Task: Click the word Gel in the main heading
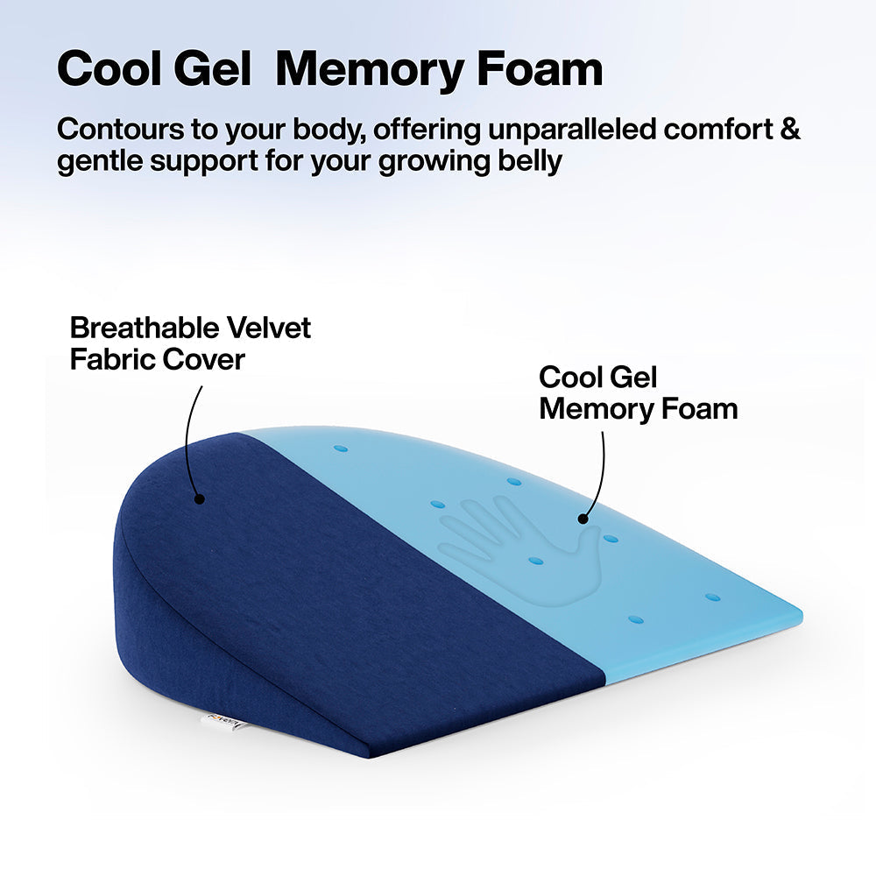point(212,68)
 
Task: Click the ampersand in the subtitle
point(789,129)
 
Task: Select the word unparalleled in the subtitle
point(572,129)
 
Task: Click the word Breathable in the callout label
point(145,328)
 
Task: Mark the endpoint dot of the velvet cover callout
point(198,499)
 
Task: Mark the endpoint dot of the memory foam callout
point(583,519)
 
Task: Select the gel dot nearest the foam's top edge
point(340,449)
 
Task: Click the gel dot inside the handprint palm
point(535,561)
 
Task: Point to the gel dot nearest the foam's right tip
point(712,597)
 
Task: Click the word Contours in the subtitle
point(121,129)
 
